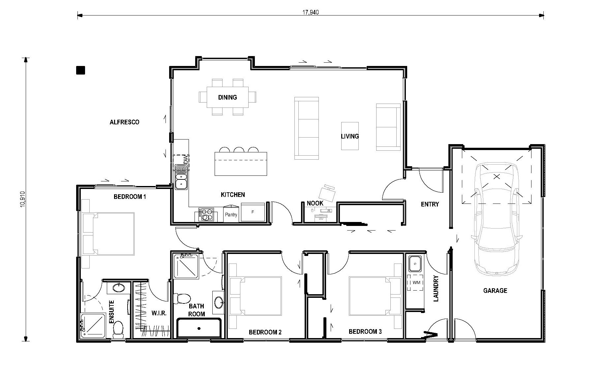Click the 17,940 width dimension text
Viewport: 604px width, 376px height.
pos(310,12)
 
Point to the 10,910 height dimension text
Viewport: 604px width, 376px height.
pos(22,199)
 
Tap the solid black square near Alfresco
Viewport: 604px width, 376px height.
pos(80,70)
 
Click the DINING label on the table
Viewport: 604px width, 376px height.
pos(227,97)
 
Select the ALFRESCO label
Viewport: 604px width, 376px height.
pos(124,122)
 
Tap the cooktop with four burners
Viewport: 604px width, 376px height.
pos(206,214)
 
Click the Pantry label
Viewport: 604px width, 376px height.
pos(231,215)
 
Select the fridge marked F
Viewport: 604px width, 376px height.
pos(253,212)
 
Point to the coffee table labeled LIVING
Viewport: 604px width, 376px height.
pos(350,136)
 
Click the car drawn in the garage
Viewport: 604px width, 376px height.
pos(497,219)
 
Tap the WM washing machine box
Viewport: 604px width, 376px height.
pos(415,283)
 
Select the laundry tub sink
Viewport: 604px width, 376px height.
pos(414,264)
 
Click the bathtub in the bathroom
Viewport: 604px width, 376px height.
pos(199,328)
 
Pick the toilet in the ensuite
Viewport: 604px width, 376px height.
pos(118,329)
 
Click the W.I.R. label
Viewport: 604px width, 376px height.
pos(159,313)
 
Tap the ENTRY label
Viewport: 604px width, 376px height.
pos(430,204)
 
